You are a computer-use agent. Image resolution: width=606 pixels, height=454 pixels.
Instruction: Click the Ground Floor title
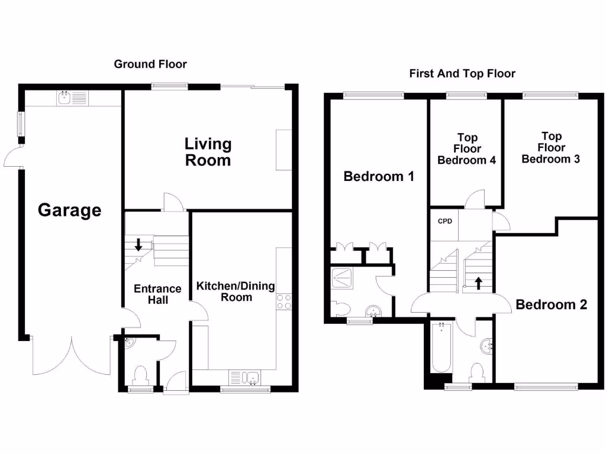point(150,64)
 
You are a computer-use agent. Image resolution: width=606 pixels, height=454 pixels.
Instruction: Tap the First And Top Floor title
point(462,74)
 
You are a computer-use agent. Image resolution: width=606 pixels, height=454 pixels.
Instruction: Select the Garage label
point(70,210)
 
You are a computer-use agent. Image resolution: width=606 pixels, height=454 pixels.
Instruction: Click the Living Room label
point(208,152)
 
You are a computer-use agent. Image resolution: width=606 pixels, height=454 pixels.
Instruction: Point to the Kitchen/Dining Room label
point(236,291)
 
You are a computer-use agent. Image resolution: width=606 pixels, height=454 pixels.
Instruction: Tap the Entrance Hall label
point(157,294)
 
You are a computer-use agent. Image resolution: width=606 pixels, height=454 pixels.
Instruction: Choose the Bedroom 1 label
point(379,176)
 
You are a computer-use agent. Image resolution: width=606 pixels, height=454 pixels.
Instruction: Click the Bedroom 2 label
point(551,305)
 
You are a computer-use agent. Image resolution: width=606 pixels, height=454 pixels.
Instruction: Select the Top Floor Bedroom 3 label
point(551,147)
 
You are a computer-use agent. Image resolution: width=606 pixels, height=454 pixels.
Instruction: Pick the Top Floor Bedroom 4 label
point(467,149)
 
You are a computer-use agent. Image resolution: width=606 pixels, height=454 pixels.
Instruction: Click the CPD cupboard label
point(445,222)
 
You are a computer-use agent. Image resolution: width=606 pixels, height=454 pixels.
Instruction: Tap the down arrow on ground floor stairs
point(138,244)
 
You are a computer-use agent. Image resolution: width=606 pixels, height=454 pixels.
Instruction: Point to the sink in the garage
point(65,98)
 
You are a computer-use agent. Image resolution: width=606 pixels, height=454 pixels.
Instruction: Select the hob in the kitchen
point(284,302)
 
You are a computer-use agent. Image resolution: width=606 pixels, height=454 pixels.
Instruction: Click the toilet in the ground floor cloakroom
point(141,375)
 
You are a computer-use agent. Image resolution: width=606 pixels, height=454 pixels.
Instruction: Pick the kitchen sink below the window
point(244,377)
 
